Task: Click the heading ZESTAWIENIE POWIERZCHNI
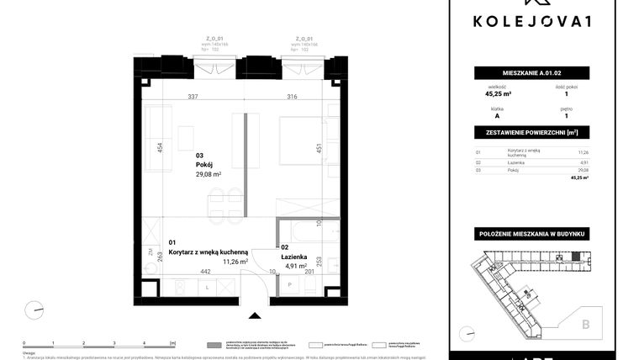(x=531, y=133)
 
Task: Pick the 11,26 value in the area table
(x=583, y=152)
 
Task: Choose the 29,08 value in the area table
(x=583, y=170)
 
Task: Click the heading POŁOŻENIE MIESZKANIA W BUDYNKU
(x=531, y=232)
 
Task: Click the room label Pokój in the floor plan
(x=204, y=166)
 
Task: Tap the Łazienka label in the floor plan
(x=294, y=256)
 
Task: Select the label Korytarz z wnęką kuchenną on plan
(x=208, y=251)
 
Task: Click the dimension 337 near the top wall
(x=193, y=98)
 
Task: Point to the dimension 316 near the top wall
(x=292, y=98)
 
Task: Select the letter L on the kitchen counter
(x=207, y=287)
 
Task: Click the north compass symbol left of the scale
(x=34, y=310)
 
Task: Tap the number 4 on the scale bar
(x=144, y=343)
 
